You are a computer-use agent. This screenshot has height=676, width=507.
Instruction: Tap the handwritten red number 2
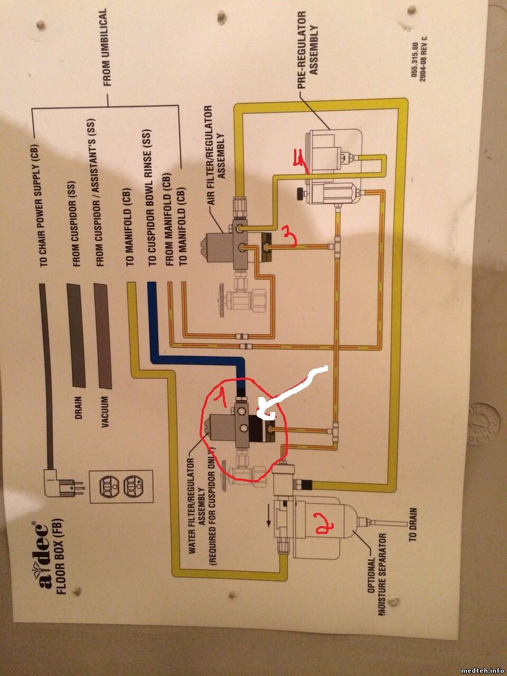[x=322, y=522]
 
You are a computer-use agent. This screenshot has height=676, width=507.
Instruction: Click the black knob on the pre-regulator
[x=301, y=193]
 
